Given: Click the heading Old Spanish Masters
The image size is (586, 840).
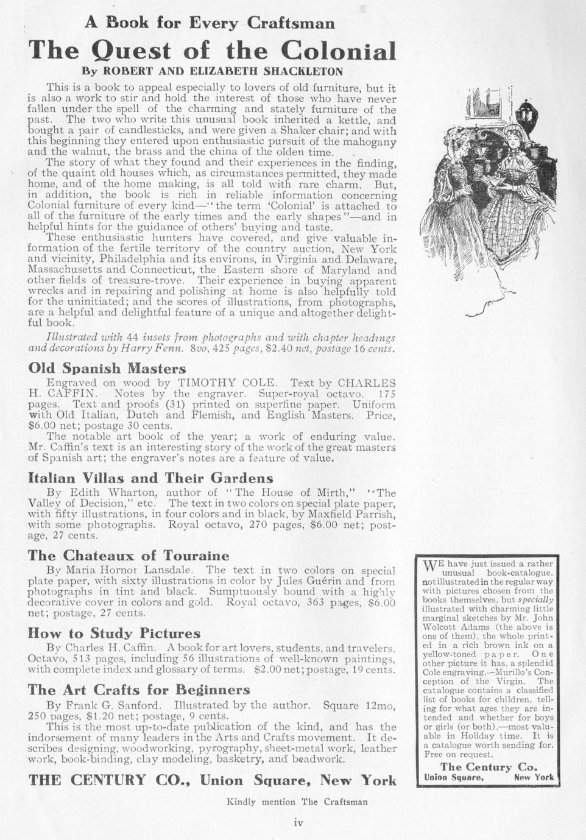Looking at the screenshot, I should pos(107,368).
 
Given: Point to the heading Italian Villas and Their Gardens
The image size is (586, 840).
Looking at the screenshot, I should pos(150,478).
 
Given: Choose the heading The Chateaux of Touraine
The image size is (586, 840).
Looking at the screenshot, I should pos(129,555).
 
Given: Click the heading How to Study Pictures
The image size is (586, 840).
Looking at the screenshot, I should pos(114,633).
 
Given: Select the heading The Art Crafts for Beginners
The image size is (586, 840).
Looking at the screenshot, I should pos(139,690).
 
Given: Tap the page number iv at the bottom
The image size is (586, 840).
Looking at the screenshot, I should pos(298,823).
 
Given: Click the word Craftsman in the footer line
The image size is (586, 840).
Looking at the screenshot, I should pos(345,802).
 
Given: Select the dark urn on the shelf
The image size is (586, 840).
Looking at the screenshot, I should pos(524,113).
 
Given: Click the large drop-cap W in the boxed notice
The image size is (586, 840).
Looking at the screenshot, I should pos(430,567).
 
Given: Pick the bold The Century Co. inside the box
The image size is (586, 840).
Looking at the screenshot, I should pos(489,766).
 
